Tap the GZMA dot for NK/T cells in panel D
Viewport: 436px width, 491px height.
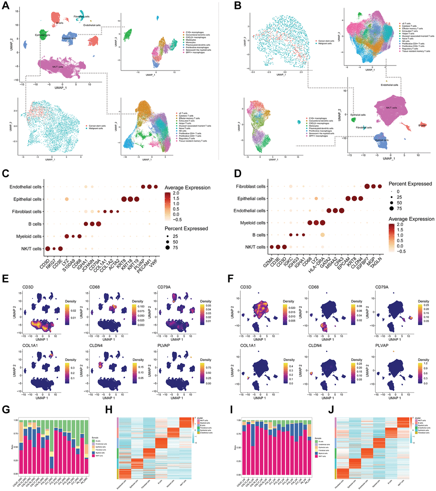pos(271,247)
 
